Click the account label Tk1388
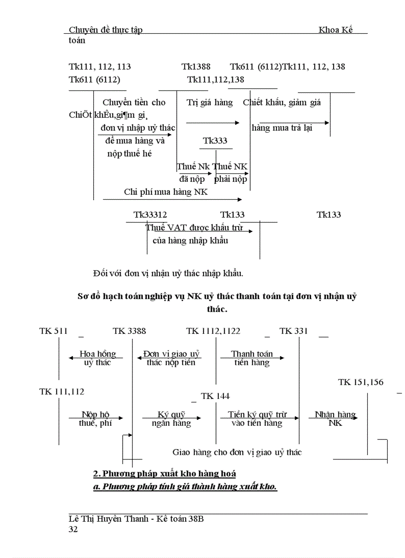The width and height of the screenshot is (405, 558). point(196,67)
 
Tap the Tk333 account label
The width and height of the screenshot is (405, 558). point(215,141)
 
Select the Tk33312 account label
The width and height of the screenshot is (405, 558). point(150,215)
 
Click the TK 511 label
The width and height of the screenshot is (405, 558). point(53,331)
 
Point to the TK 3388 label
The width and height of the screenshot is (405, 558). point(129,331)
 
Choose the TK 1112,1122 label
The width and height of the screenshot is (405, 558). point(213,331)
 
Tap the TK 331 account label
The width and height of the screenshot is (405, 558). point(293,331)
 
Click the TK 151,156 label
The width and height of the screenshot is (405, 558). point(360,382)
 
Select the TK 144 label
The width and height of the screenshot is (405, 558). point(215,396)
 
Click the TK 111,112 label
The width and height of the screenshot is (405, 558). point(62,392)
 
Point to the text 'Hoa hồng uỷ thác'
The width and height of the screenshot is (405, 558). point(97,358)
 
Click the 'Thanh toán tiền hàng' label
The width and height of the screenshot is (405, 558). point(252,358)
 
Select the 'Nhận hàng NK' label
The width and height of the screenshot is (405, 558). point(335,419)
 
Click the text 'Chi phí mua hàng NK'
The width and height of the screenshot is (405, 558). point(166,192)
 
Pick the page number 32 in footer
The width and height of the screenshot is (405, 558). point(73,530)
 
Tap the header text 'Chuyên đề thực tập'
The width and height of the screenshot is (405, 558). point(105,30)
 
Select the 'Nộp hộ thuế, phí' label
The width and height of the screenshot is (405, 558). point(95,419)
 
